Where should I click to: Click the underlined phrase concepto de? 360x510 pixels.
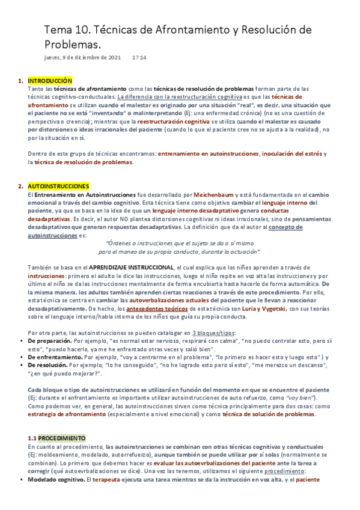tap(286, 227)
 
